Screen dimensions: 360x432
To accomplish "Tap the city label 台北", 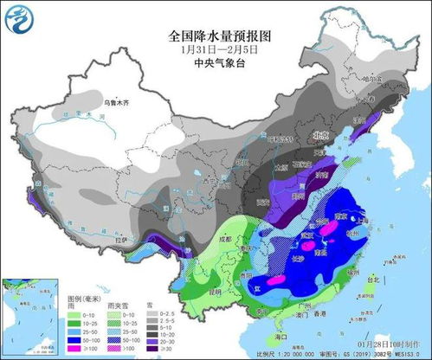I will click(x=375, y=280).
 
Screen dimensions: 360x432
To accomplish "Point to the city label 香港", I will click(x=323, y=312).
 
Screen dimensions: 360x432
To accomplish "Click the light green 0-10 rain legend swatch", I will click(x=64, y=313).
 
